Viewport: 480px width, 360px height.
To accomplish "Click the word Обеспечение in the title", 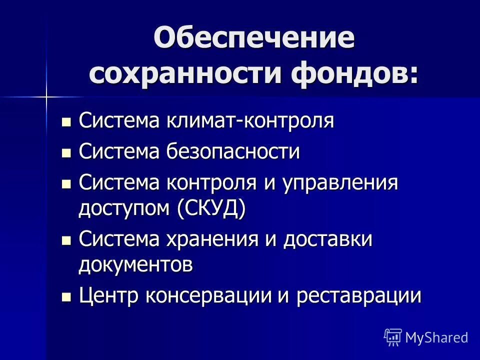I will coord(254,39).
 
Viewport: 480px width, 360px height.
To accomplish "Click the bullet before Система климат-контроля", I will coord(65,121).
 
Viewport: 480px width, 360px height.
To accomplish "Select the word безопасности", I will coord(230,152).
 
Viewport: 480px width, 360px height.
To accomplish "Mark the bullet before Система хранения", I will coord(65,240).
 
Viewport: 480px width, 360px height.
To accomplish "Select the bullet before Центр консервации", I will coord(65,296).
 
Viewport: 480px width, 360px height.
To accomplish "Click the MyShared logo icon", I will coord(393,337).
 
